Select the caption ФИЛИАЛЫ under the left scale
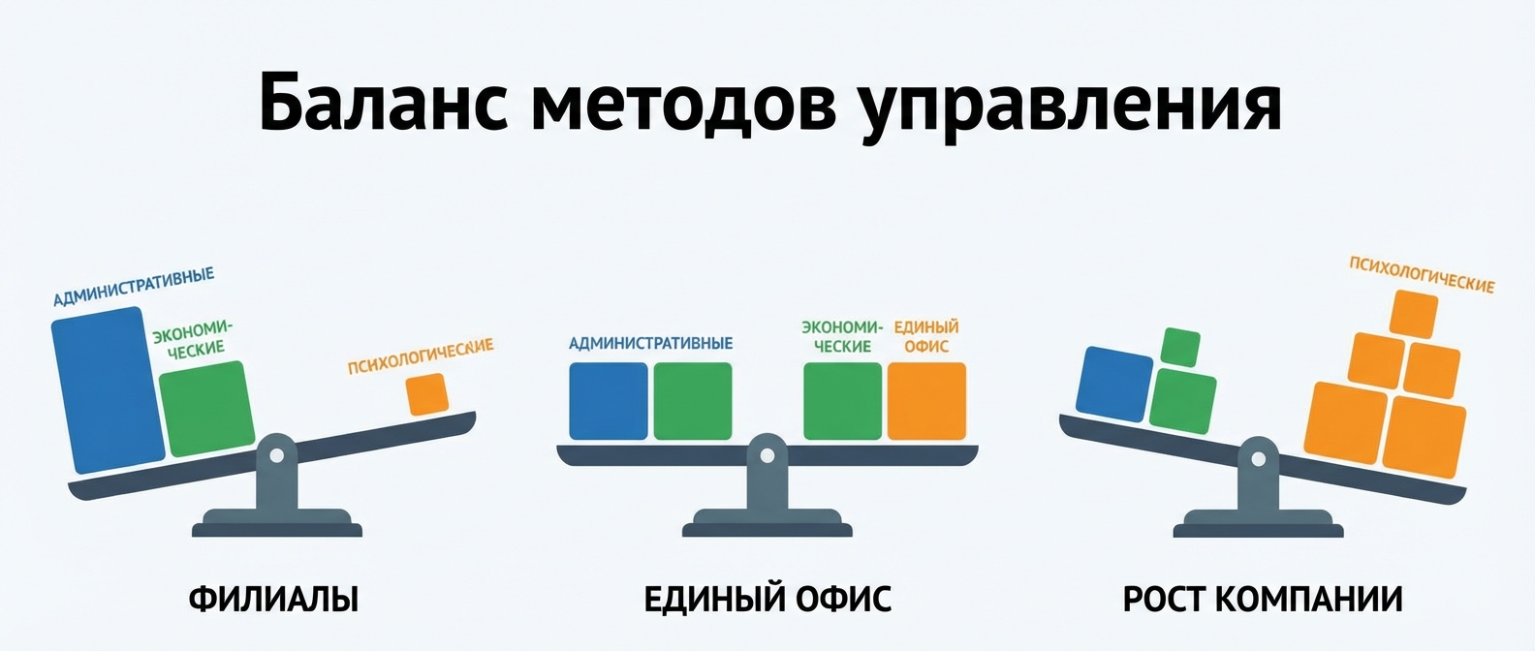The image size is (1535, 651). tap(273, 599)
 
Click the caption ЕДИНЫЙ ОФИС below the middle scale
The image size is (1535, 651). tap(767, 599)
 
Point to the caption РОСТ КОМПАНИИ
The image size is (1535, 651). tap(1263, 599)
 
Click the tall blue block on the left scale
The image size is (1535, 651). tap(108, 389)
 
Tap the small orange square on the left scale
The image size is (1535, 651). tap(426, 394)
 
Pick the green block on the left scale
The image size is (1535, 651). tap(206, 409)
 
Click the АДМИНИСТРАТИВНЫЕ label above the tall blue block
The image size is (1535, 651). tap(134, 288)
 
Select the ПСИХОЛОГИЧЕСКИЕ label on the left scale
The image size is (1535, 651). tap(421, 356)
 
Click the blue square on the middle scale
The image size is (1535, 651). tap(608, 401)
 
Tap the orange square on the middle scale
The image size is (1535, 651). tap(926, 401)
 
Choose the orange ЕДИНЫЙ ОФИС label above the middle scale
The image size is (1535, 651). tap(926, 336)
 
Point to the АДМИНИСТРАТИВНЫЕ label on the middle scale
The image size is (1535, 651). tap(650, 343)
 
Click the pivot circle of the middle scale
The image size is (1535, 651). tap(767, 451)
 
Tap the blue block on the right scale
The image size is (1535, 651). tap(1114, 384)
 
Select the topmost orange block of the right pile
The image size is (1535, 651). tap(1413, 313)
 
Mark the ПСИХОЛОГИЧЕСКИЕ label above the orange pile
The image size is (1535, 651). tap(1422, 274)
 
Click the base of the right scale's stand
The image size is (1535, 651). tap(1258, 529)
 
